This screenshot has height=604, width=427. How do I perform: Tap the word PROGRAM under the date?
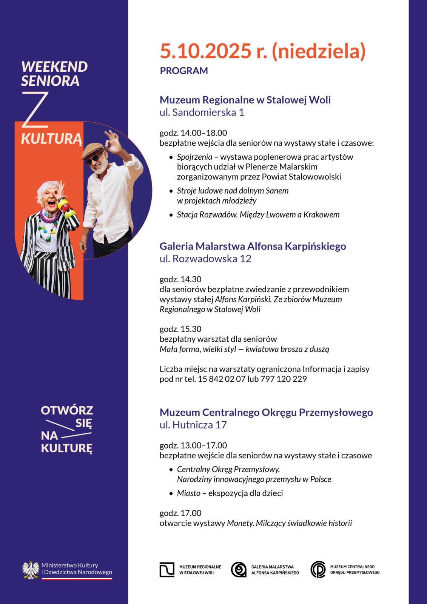coord(184,71)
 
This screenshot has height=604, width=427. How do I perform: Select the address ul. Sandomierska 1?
coord(202,112)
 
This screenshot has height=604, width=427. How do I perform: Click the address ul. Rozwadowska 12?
coord(205,259)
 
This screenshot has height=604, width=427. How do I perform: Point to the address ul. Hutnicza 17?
coord(193,425)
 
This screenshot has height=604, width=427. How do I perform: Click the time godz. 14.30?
coord(180,279)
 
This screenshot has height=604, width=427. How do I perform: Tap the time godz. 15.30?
coord(180,329)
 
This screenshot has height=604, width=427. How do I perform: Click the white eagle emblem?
coord(31,569)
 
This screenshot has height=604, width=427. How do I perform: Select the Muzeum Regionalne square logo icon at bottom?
coord(167,570)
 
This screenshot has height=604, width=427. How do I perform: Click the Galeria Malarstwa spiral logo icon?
coord(238,570)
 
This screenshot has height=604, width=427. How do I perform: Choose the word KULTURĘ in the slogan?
coord(66,448)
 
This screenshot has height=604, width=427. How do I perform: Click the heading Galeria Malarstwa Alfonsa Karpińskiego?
coord(253,247)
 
